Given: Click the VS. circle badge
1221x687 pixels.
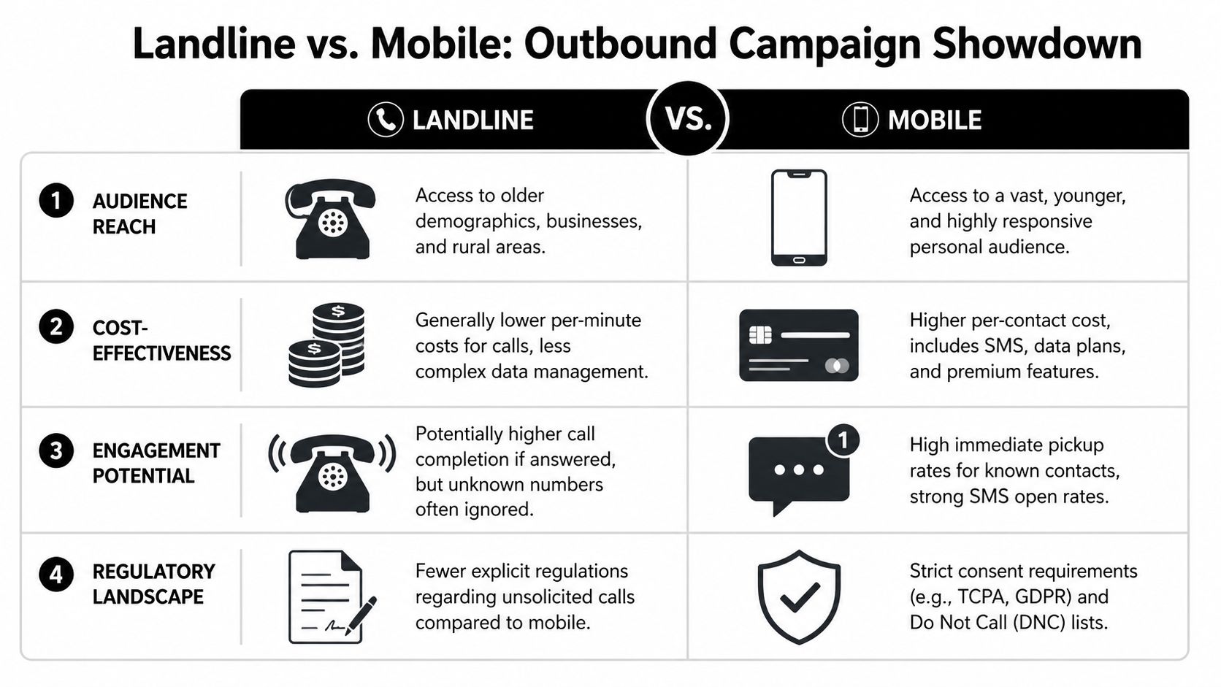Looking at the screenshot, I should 688,118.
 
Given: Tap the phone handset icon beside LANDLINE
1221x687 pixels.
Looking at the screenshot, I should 386,120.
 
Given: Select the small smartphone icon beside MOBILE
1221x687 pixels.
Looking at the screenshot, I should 860,120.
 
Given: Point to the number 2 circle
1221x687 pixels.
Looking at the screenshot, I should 56,326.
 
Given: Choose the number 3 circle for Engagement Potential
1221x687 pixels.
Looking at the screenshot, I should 56,450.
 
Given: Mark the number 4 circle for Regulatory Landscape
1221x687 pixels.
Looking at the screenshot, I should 56,575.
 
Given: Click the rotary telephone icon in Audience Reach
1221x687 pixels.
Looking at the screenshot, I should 332,219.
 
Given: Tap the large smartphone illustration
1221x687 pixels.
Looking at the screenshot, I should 799,218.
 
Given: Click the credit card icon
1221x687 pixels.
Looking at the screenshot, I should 799,345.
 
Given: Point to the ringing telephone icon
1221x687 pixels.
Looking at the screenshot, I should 332,472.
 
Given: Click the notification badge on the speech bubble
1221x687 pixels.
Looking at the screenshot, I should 843,440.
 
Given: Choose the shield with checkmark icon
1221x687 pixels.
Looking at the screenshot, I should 799,596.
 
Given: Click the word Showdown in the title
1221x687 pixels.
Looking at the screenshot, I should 1037,44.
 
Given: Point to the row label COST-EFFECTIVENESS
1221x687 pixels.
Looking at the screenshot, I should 161,340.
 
